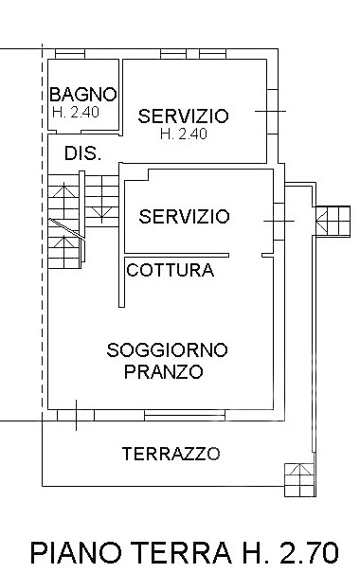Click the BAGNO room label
point(83,95)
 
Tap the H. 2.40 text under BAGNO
point(76,112)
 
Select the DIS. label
point(83,153)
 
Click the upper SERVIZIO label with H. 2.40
point(183,116)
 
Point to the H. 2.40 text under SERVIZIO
point(184,134)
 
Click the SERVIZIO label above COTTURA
point(184,216)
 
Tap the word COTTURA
point(170,271)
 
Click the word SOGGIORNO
point(167,350)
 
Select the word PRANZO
point(163,371)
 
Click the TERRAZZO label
point(171,454)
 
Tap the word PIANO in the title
point(76,551)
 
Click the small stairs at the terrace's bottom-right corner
point(299,480)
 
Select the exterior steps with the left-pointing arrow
point(333,222)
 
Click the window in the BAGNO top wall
point(70,54)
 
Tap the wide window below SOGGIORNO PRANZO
point(185,416)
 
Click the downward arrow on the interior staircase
point(101,212)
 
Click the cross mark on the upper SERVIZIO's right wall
point(270,111)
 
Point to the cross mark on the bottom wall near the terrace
point(77,416)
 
